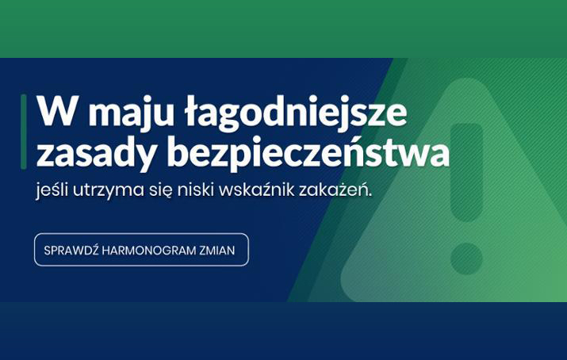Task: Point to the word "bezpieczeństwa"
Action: [x=308, y=151]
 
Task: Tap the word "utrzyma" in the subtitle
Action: [x=109, y=190]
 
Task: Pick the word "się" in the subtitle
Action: [x=161, y=190]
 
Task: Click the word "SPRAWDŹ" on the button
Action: [x=71, y=250]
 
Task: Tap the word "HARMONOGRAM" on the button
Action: [x=148, y=251]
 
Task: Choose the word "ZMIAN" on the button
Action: [x=217, y=251]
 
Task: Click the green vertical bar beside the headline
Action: [x=24, y=132]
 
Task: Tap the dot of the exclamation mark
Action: [x=466, y=259]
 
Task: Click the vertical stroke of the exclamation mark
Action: [x=467, y=172]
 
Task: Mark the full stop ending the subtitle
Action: [x=370, y=195]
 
